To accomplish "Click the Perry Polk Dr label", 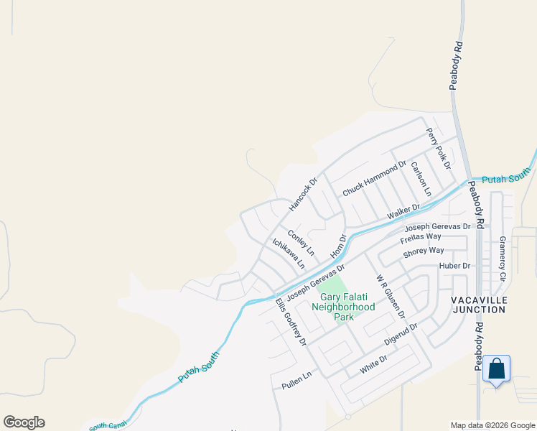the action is pyautogui.click(x=438, y=148).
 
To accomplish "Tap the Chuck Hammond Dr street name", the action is pyautogui.click(x=375, y=180).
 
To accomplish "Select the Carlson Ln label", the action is pyautogui.click(x=421, y=179).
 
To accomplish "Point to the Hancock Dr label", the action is pyautogui.click(x=302, y=195).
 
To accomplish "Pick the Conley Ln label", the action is pyautogui.click(x=301, y=243).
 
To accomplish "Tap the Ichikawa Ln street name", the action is pyautogui.click(x=289, y=254).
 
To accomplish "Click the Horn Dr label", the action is pyautogui.click(x=338, y=246).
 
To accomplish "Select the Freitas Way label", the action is pyautogui.click(x=421, y=236).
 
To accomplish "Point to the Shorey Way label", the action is pyautogui.click(x=424, y=251).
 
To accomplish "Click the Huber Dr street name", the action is pyautogui.click(x=454, y=266).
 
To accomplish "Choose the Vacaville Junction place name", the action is pyautogui.click(x=479, y=304).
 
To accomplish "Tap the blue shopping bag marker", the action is pyautogui.click(x=496, y=369).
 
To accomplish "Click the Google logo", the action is pyautogui.click(x=24, y=422).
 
